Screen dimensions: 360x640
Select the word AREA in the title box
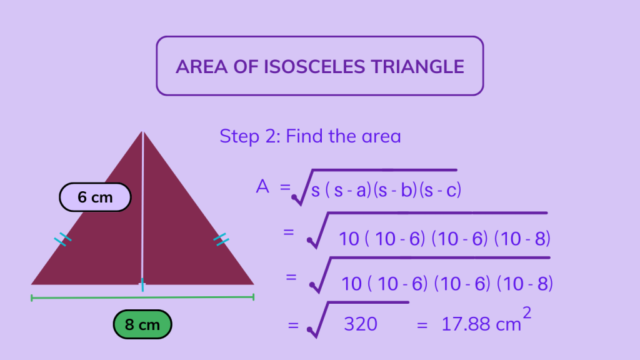(199, 67)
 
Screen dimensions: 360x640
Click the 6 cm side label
(95, 197)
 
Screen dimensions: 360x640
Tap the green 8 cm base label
(142, 325)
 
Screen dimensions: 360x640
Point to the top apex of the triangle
(142, 132)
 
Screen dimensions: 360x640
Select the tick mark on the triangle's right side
(221, 238)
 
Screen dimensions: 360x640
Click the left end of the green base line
(32, 298)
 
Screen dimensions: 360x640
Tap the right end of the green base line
(253, 297)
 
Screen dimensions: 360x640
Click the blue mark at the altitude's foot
(142, 285)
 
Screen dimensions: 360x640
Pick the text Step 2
(247, 136)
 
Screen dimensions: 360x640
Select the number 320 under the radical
(361, 324)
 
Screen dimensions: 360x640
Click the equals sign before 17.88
(422, 324)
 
